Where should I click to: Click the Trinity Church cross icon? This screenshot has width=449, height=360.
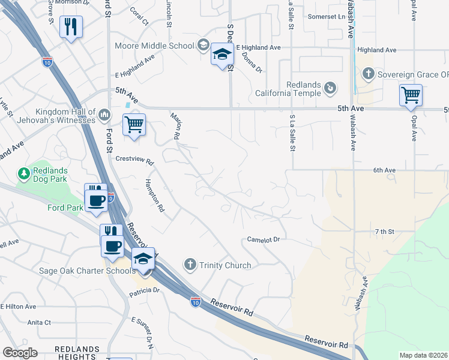click(x=190, y=265)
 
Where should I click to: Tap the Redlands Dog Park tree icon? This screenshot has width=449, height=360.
click(x=24, y=174)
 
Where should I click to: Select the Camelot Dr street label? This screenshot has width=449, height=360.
click(x=264, y=239)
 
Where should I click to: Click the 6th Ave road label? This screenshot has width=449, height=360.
click(x=384, y=170)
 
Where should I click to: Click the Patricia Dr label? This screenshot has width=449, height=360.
click(x=144, y=291)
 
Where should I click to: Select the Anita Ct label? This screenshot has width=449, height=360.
click(x=39, y=322)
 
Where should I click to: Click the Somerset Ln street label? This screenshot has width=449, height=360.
click(x=327, y=17)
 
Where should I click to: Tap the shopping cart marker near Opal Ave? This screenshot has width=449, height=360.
click(x=411, y=95)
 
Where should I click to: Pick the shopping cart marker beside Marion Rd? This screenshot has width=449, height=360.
click(x=134, y=125)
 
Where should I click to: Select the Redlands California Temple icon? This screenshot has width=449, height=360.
click(x=330, y=89)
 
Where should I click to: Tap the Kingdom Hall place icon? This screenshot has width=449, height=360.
click(x=104, y=113)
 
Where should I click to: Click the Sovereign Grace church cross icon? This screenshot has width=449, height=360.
click(x=369, y=74)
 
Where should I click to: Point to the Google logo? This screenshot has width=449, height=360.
click(x=20, y=353)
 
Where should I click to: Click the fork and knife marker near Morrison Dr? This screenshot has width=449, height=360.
click(x=71, y=26)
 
